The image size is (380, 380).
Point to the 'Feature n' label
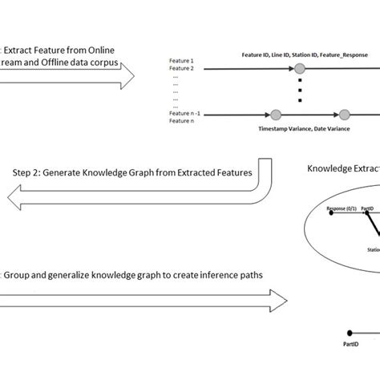click(x=182, y=122)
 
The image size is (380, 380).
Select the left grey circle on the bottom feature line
click(x=277, y=114)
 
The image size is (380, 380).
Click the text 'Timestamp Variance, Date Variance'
click(x=301, y=127)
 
